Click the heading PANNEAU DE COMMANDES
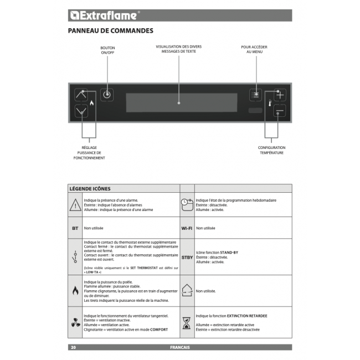coord(111,31)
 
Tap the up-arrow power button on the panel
coord(81,94)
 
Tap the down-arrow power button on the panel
coord(81,111)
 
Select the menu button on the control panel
coord(255,95)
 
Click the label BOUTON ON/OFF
coord(107,50)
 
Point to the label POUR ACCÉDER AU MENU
coord(254,50)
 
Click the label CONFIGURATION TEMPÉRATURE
coord(271,150)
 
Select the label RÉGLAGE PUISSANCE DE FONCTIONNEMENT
coord(89,152)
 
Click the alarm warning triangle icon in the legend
coord(75,206)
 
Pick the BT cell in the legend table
coord(75,228)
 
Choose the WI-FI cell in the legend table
coord(187,228)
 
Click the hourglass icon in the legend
coord(187,322)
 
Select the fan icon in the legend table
coord(75,322)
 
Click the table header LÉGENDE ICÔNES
coord(90,189)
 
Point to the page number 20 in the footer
coord(73,347)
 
